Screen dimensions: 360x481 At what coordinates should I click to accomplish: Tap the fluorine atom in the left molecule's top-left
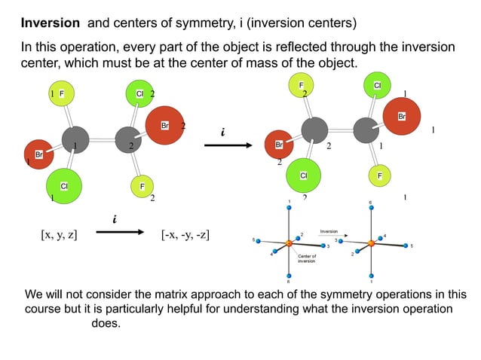point(62,93)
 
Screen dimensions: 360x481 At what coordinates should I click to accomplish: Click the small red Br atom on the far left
point(38,154)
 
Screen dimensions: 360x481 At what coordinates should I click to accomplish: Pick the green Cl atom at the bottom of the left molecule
point(64,185)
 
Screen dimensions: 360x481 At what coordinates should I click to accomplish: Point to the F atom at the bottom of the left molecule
point(141,185)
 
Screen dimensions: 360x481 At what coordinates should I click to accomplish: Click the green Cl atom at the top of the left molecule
point(139,93)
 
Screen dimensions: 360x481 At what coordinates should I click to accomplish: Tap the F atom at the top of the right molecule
point(302,87)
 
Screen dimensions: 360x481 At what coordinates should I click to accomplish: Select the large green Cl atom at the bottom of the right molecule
point(304,175)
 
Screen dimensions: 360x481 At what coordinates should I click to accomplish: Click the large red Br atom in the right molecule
point(403,117)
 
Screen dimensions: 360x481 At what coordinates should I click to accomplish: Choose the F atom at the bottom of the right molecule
point(380,175)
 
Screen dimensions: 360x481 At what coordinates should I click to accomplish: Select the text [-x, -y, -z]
point(185,235)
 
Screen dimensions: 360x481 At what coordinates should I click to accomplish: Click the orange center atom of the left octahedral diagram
point(289,243)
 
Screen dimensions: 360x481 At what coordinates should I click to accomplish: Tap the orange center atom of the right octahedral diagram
point(370,243)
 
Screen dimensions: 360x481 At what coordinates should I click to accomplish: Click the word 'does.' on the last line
point(106,323)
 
